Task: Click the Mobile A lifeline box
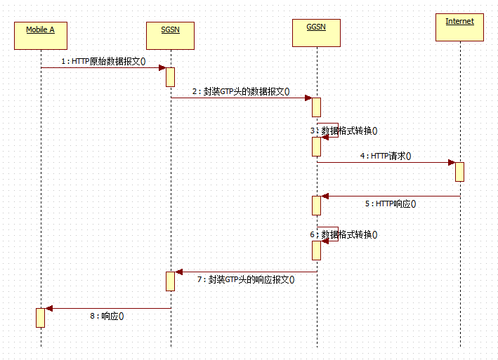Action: pos(41,35)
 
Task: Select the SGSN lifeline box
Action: pos(170,35)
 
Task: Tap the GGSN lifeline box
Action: pos(316,32)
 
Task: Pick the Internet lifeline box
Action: pos(459,27)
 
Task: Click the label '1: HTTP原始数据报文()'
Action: pos(103,61)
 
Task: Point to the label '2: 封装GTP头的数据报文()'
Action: pos(242,92)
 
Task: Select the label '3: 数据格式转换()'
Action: pos(344,131)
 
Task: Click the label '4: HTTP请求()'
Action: pos(386,156)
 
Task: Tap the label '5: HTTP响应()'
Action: pos(391,204)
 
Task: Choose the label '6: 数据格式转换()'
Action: pos(343,235)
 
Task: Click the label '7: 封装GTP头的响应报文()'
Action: pos(246,279)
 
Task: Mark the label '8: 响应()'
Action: pos(107,316)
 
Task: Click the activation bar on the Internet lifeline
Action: pos(459,172)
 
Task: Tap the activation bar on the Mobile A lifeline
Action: pos(41,317)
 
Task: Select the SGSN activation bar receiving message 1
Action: pos(170,76)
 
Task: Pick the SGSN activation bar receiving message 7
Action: pos(170,281)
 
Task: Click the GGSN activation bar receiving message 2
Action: pos(316,107)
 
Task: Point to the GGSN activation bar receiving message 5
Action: pos(316,206)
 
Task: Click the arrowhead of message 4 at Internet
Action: pos(452,163)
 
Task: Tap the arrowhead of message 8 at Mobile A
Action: pos(48,308)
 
